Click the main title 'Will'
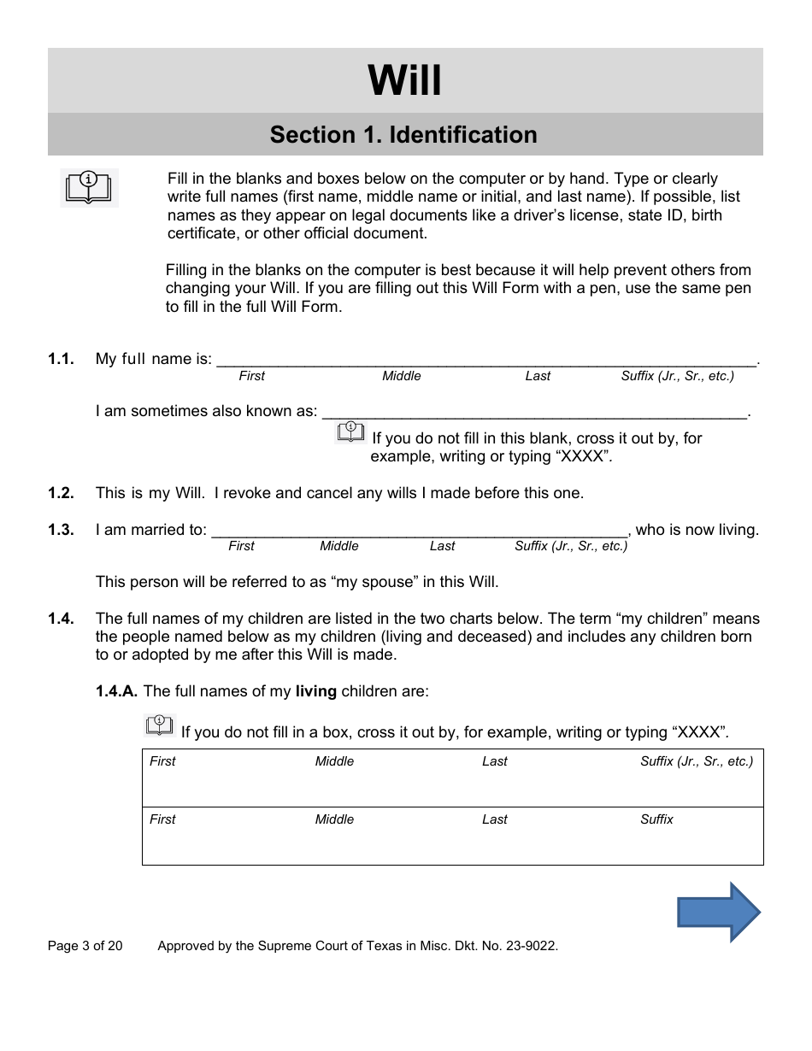click(x=405, y=81)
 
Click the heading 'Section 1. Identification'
click(x=403, y=135)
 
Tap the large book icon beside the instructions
click(x=89, y=187)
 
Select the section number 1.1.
click(x=61, y=359)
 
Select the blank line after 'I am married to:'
click(x=419, y=530)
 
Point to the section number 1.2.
click(x=61, y=493)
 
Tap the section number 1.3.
click(x=61, y=530)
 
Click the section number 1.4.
click(x=61, y=619)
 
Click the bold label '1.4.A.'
click(x=117, y=691)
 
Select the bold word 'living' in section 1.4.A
click(x=316, y=691)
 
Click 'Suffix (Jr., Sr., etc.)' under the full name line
click(x=677, y=376)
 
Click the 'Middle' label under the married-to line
click(x=339, y=546)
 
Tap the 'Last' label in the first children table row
click(x=494, y=761)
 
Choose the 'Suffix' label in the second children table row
click(x=656, y=819)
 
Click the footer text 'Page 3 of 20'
click(x=85, y=946)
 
